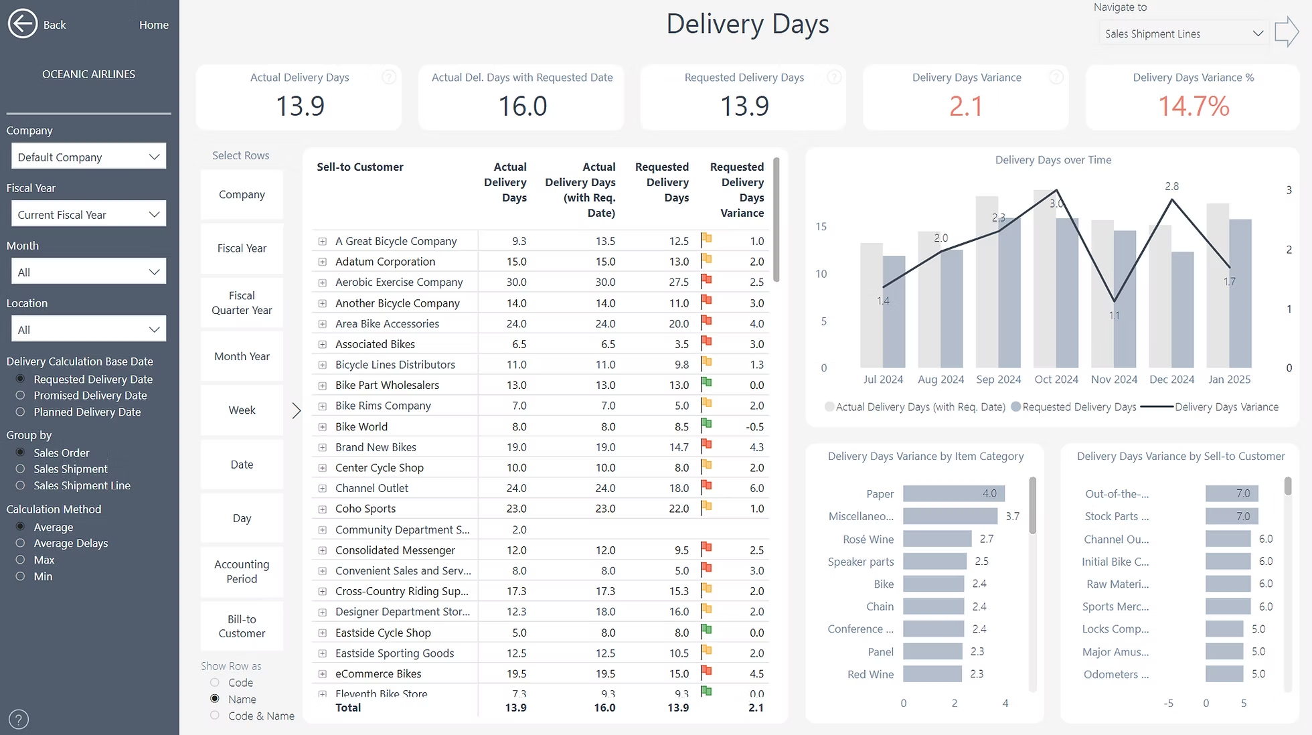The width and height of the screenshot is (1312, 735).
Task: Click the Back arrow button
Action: coord(23,24)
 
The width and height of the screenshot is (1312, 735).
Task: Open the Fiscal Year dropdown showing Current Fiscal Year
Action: coord(88,214)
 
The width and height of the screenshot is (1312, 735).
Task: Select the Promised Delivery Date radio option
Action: coord(20,396)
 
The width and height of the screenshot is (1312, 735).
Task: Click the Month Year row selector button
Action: coord(242,357)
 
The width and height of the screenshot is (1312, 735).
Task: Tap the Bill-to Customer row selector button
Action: coord(242,627)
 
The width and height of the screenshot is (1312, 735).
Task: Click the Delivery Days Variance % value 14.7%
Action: coord(1193,106)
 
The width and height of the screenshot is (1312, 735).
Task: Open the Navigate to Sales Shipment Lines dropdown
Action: coord(1183,33)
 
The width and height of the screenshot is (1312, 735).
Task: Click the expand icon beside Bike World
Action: coord(322,427)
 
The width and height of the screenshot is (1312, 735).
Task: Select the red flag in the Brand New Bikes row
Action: coord(706,445)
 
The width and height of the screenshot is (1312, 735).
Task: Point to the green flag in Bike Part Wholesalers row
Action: coord(706,384)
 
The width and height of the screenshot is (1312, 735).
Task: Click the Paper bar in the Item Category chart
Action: coord(953,494)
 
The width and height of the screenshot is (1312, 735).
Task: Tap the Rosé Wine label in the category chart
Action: coord(868,540)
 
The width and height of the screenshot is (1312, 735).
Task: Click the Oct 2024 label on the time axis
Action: coord(1056,380)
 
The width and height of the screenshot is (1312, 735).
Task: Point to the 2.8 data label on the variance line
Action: coord(1171,186)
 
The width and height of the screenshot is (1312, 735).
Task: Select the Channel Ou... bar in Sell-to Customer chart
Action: coord(1228,540)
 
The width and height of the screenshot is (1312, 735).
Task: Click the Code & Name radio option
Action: coord(215,716)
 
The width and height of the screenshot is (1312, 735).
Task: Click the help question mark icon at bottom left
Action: coord(19,720)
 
